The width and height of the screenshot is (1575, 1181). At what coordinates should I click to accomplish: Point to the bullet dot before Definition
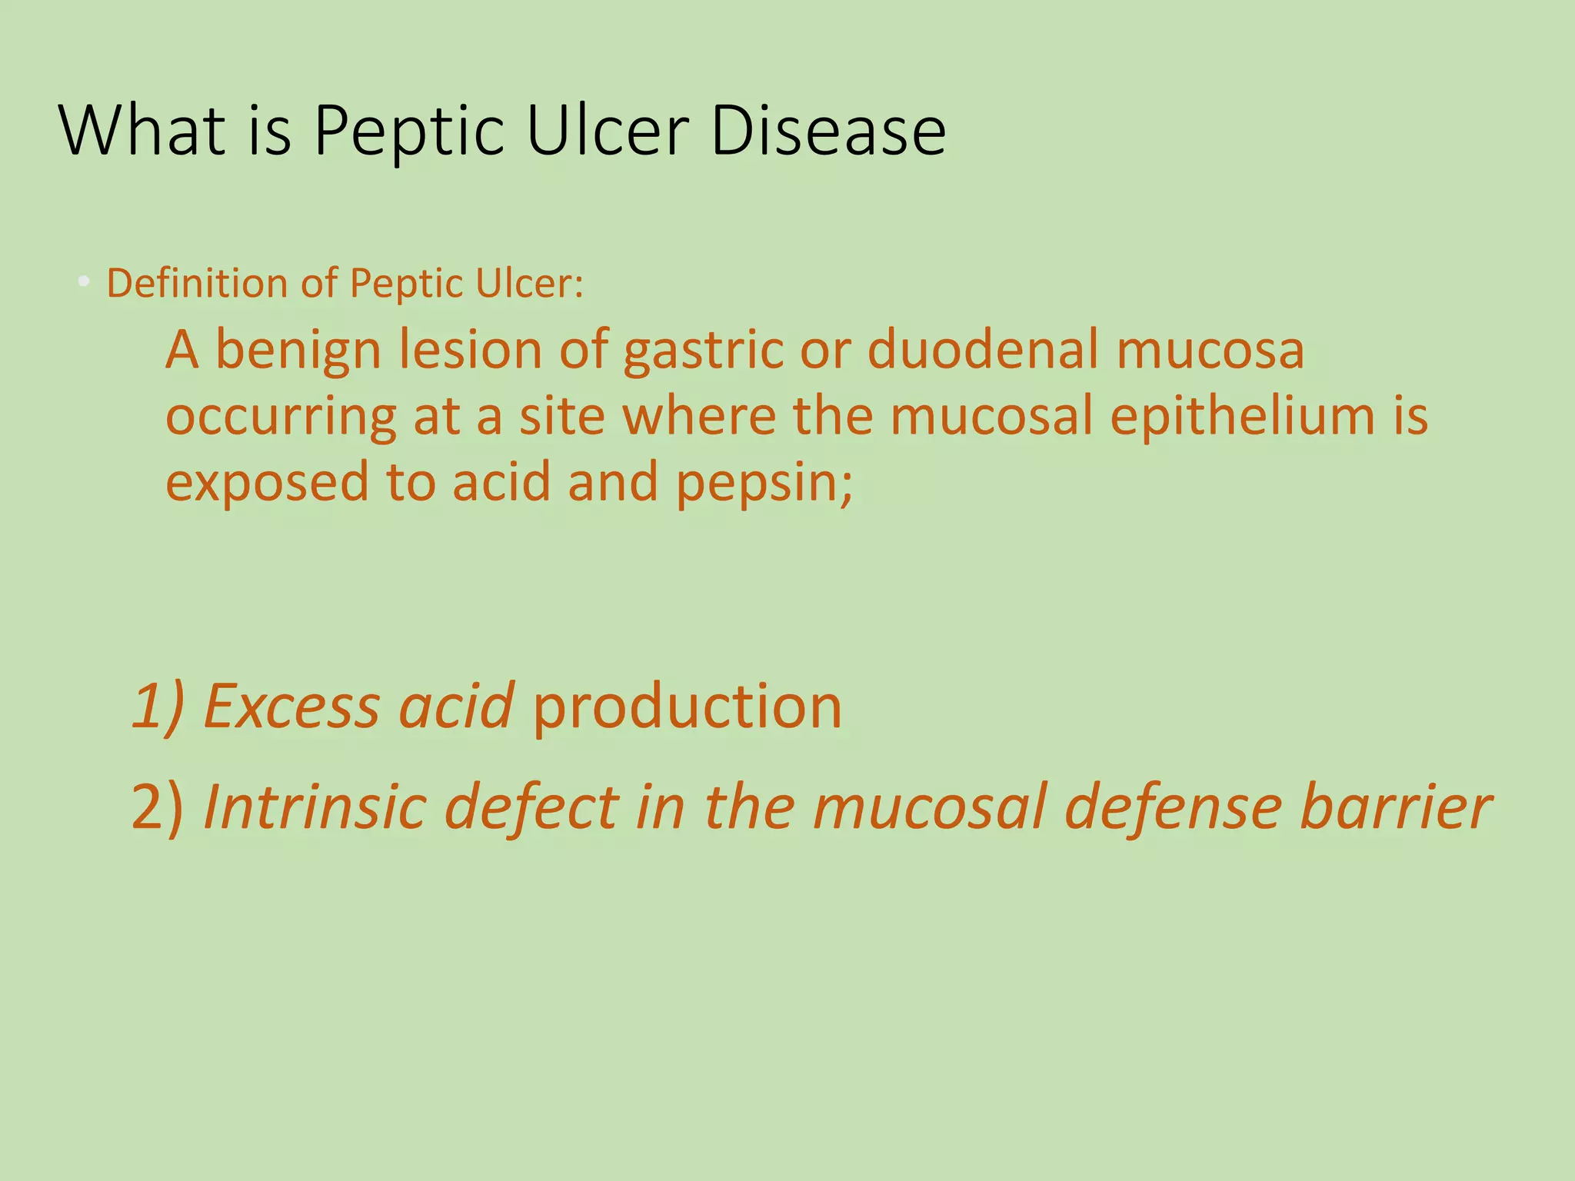(84, 282)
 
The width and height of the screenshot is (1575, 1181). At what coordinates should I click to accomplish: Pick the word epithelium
(1243, 418)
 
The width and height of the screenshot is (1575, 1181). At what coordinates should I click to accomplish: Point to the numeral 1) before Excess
(158, 706)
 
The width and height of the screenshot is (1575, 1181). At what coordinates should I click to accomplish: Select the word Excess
(291, 706)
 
